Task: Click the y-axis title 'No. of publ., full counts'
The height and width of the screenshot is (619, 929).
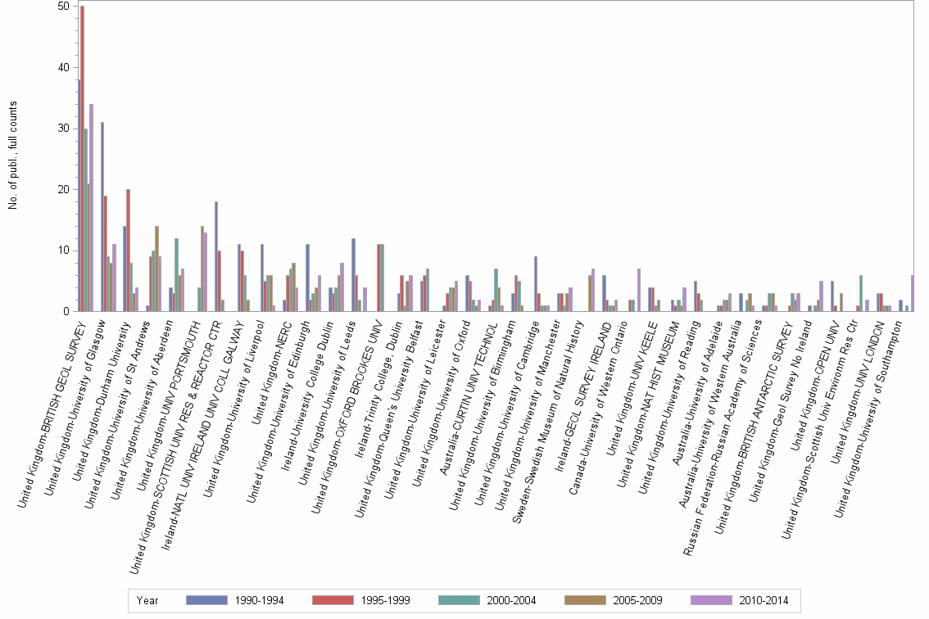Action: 13,156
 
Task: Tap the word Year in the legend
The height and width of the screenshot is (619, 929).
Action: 148,600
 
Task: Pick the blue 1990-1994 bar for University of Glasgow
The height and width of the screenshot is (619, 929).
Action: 102,217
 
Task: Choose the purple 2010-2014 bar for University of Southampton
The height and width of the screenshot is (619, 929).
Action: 912,293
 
